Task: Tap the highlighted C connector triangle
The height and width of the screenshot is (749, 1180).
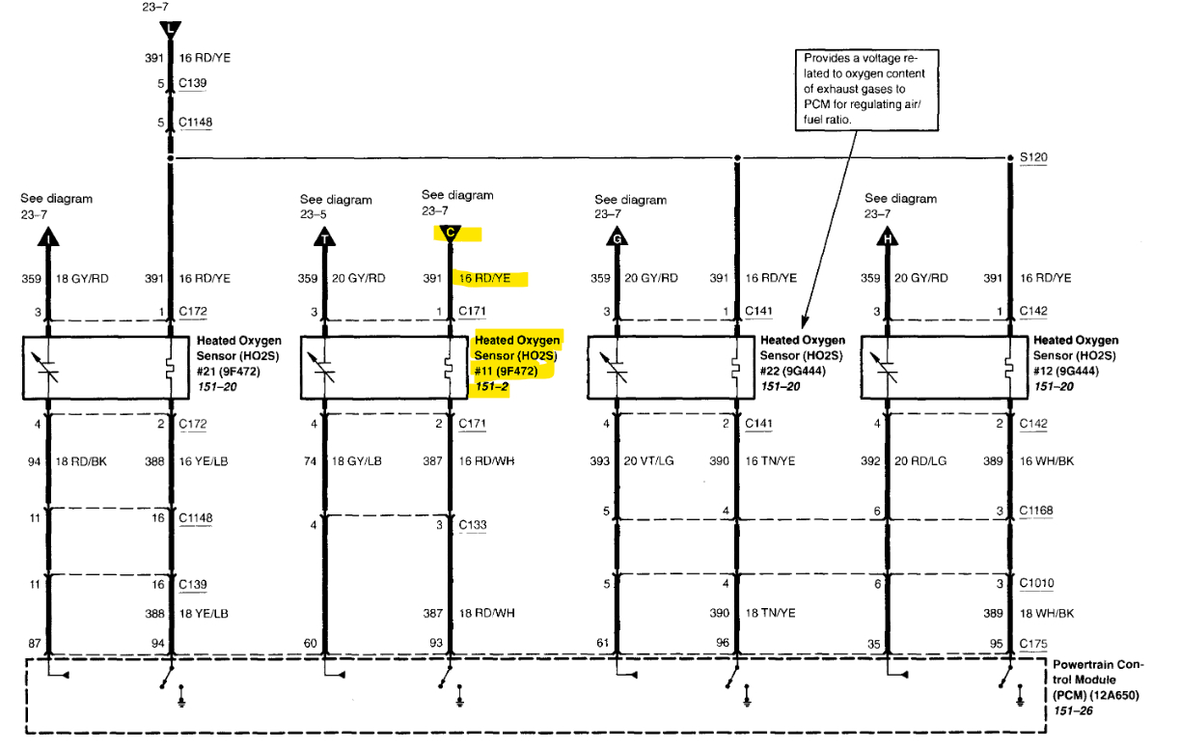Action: (x=450, y=233)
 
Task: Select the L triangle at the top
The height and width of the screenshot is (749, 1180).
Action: (x=171, y=30)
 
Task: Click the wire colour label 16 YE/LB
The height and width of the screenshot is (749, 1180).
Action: (x=204, y=461)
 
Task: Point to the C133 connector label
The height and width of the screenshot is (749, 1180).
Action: (x=473, y=525)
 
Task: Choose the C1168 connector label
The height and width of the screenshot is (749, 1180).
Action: (x=1037, y=510)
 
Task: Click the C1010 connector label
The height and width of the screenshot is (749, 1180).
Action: (x=1037, y=584)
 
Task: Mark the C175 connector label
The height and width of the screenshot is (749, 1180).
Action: (x=1033, y=643)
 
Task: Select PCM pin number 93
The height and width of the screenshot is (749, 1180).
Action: (x=437, y=643)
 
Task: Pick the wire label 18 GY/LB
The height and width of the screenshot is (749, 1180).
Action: (x=357, y=461)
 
